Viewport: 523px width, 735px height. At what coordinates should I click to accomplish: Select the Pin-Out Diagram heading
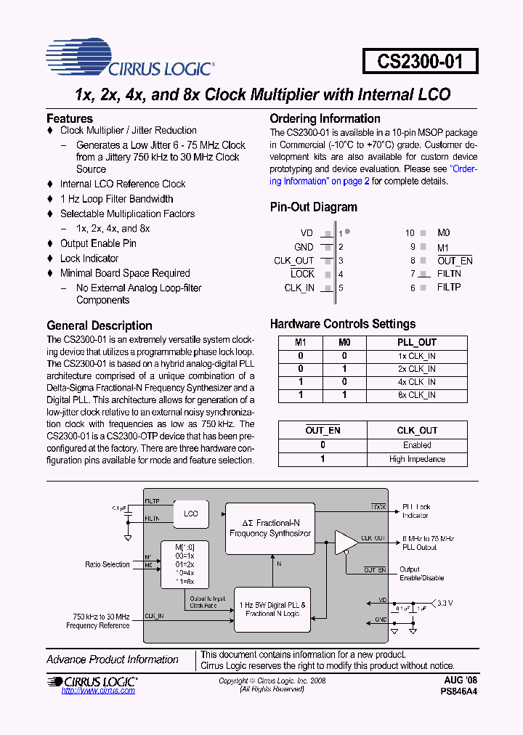point(313,207)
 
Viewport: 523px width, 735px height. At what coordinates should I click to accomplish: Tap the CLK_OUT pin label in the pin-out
point(293,261)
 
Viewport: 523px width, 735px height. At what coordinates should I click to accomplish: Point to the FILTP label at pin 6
point(449,288)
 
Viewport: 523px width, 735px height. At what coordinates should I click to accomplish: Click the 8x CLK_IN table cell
point(417,395)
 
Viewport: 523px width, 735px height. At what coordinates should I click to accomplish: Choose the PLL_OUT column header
point(417,342)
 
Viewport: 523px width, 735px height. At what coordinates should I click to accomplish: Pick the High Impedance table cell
point(417,459)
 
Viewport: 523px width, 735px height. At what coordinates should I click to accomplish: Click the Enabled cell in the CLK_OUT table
point(417,445)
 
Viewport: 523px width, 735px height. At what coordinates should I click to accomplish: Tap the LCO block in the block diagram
point(190,513)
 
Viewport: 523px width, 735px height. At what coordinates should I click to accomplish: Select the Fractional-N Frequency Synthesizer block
point(270,528)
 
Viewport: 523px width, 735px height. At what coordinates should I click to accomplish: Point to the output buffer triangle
point(345,542)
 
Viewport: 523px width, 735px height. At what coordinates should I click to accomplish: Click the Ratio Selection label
point(107,564)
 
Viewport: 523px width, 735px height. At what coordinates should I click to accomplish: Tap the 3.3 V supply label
point(443,602)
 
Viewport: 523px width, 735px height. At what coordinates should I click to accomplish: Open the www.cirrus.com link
point(98,691)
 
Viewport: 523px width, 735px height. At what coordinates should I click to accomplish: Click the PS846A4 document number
point(459,692)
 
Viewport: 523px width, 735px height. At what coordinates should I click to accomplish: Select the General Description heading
point(100,325)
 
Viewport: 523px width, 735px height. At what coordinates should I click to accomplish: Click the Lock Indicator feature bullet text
point(89,259)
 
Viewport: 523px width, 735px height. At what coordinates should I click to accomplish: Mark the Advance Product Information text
point(113,659)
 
